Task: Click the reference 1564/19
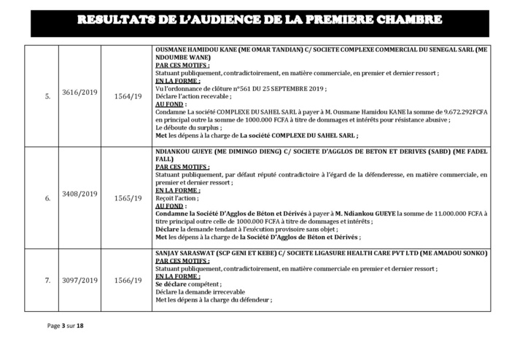[128, 95]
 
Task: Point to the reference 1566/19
[128, 280]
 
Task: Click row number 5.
[47, 95]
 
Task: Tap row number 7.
[47, 280]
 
